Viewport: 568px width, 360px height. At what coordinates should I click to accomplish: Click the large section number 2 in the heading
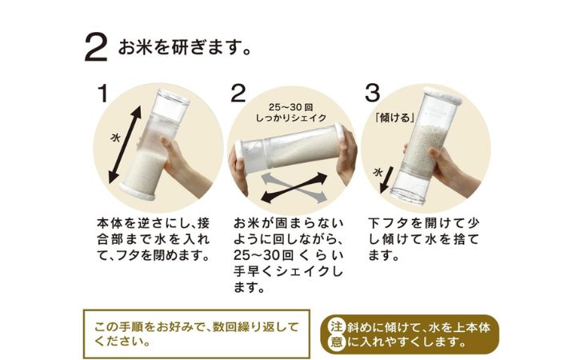[96, 48]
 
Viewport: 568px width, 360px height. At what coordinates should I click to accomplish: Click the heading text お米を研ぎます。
[185, 48]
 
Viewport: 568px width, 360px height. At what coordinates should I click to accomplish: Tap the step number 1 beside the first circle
[103, 93]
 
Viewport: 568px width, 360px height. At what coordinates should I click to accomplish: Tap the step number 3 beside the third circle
[372, 93]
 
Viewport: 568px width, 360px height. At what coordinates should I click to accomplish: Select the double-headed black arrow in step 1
[126, 146]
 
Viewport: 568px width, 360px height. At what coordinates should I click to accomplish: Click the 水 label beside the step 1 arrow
[115, 138]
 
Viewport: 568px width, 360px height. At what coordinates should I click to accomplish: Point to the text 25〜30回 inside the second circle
[290, 107]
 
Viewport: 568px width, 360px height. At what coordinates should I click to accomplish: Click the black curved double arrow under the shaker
[294, 187]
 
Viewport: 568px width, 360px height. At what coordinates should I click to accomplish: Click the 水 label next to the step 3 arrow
[378, 172]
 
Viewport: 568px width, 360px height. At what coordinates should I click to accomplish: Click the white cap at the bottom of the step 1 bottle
[137, 192]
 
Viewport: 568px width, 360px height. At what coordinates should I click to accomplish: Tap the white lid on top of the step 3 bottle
[442, 95]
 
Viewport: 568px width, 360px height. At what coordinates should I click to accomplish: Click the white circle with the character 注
[336, 326]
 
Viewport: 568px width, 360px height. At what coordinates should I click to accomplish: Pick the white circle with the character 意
[336, 342]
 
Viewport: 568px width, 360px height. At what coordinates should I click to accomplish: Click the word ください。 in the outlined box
[122, 342]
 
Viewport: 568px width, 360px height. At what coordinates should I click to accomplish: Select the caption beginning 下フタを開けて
[423, 239]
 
